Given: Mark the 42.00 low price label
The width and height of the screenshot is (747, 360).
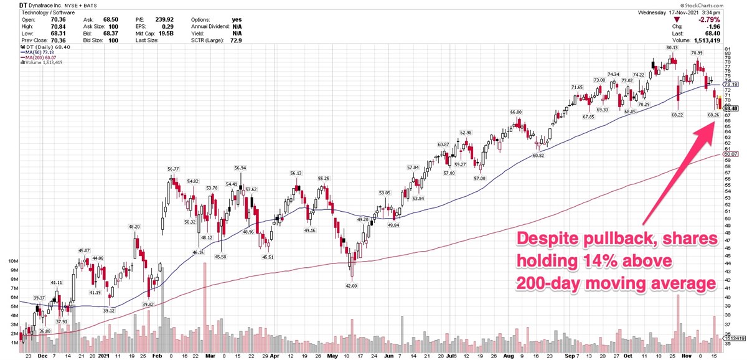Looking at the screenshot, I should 351,285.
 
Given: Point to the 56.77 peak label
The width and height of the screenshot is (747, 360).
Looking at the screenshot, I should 173,169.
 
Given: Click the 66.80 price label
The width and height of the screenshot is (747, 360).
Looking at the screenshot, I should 515,112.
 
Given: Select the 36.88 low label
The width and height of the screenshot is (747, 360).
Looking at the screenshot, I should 44,331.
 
